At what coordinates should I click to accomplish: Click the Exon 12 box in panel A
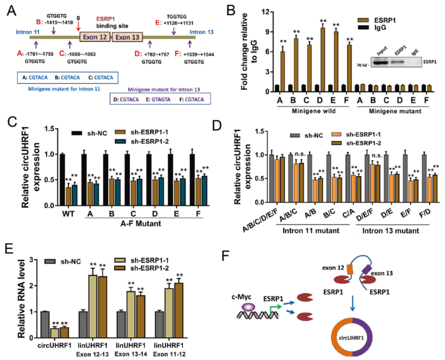pyautogui.click(x=95, y=37)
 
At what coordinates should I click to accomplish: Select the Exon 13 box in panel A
pyautogui.click(x=127, y=37)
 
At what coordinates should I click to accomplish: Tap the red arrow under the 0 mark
pyautogui.click(x=78, y=26)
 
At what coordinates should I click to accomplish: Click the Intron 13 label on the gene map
pyautogui.click(x=201, y=32)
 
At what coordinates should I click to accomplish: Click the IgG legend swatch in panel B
pyautogui.click(x=363, y=27)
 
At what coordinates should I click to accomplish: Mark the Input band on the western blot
pyautogui.click(x=381, y=63)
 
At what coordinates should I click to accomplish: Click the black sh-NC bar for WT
pyautogui.click(x=62, y=179)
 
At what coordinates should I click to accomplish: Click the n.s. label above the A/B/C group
pyautogui.click(x=300, y=154)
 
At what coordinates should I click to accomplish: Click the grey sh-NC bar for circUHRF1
pyautogui.click(x=45, y=324)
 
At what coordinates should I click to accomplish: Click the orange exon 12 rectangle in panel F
pyautogui.click(x=350, y=269)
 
